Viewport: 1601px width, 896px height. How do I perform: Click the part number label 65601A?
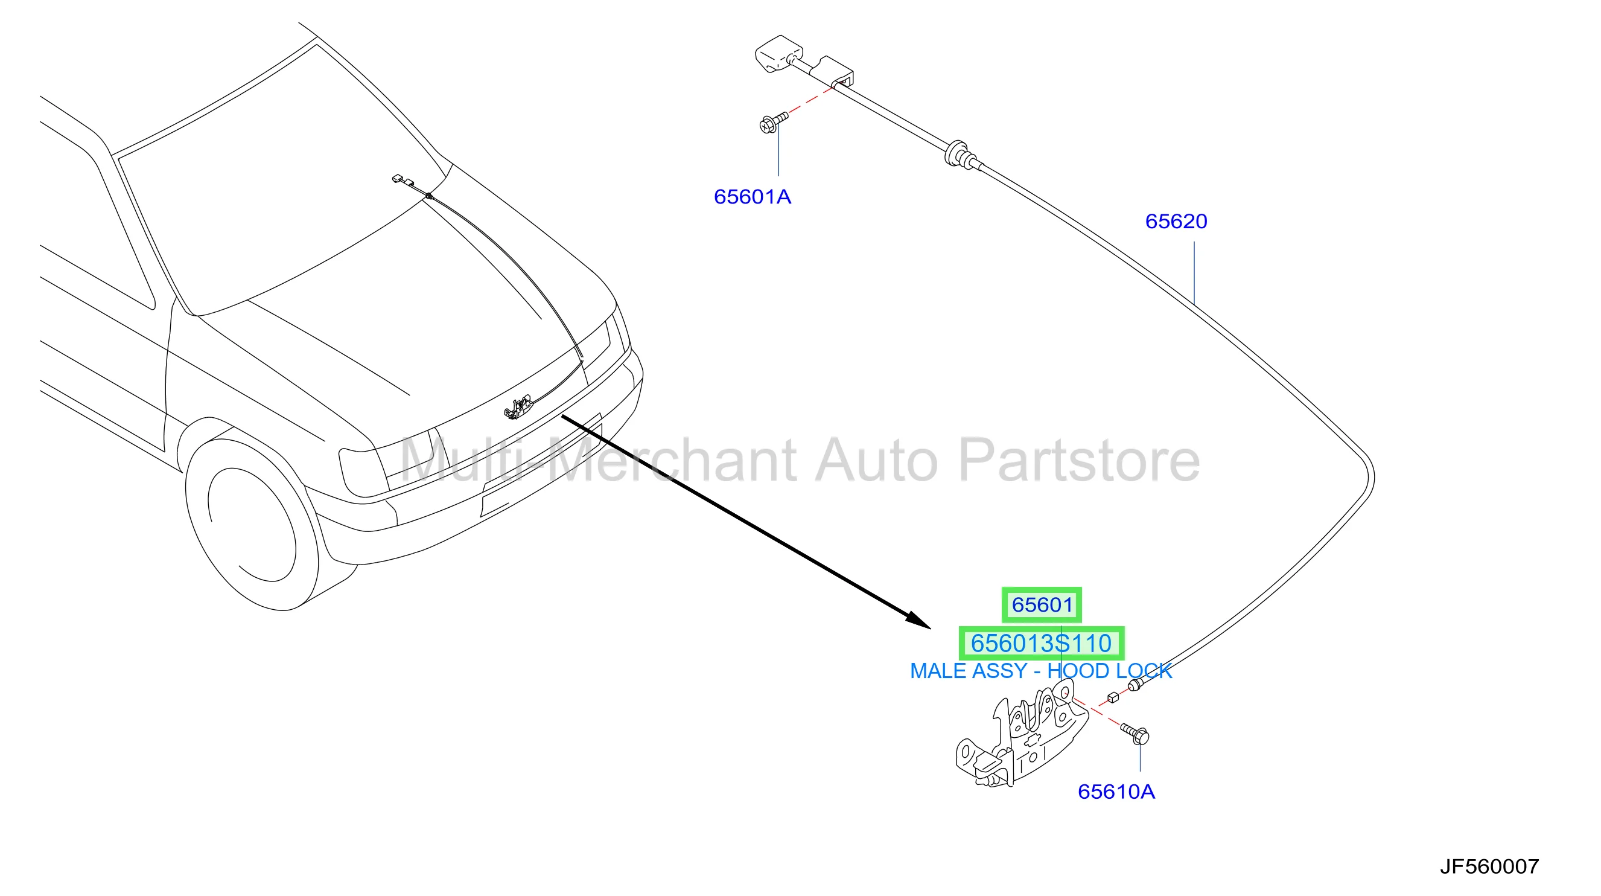pos(752,197)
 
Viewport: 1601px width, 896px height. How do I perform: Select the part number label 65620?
pos(1176,222)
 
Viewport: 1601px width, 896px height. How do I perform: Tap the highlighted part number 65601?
pos(1042,604)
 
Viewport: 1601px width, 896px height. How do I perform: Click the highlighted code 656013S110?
pos(1042,643)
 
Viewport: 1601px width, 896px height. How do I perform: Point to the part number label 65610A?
pos(1116,792)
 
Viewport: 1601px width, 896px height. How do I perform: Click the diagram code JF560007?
pos(1489,866)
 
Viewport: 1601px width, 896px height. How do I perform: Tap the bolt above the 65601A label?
pos(773,122)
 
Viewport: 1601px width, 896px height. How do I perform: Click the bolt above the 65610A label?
pos(1135,734)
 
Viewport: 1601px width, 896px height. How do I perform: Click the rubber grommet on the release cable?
pos(958,153)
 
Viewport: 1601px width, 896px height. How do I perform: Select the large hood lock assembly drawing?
pos(1022,734)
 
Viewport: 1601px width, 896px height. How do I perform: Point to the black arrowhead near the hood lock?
pos(918,620)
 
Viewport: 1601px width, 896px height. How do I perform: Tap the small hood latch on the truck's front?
pos(518,407)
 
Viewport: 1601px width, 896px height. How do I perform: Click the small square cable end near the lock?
pos(1113,697)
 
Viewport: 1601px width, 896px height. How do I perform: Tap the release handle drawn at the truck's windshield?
pos(403,181)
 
